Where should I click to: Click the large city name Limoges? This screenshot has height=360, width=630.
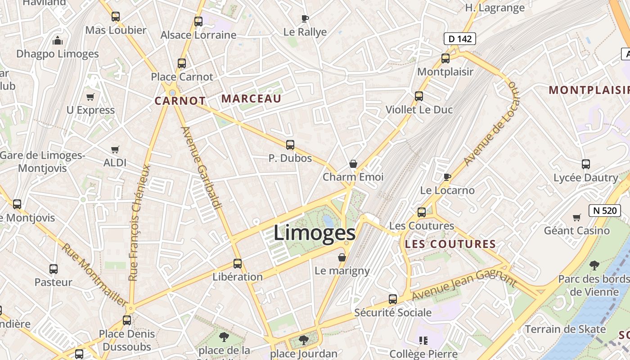tap(315, 233)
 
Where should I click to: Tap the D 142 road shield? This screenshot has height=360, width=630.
tap(460, 39)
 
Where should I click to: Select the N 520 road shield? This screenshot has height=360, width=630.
tap(602, 210)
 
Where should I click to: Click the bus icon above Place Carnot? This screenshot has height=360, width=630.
tap(182, 63)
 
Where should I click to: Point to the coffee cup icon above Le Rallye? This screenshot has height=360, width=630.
tap(305, 18)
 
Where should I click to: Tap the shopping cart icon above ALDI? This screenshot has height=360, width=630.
tap(115, 149)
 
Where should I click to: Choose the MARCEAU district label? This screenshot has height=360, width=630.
tap(252, 99)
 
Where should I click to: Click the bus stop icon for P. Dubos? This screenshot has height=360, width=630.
tap(290, 145)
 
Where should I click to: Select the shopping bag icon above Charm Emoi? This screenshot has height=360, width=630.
tap(353, 164)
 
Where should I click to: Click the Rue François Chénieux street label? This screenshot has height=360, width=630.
tap(139, 222)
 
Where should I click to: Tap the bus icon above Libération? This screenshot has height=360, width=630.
tap(238, 264)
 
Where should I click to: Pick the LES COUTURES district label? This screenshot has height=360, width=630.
tap(450, 244)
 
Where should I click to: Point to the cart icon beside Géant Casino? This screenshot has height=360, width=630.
tap(577, 218)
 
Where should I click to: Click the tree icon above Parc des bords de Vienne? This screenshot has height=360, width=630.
tap(594, 265)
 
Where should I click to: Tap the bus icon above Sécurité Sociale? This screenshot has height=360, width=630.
tap(393, 299)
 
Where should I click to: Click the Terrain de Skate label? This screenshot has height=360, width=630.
tap(565, 329)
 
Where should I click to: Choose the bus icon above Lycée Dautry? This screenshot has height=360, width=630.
tap(586, 164)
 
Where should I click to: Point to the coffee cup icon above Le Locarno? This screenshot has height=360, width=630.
tap(447, 177)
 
